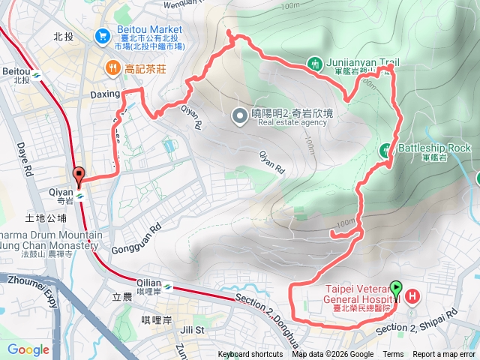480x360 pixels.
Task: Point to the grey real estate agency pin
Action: [x=239, y=115]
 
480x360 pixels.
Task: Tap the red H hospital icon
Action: [x=412, y=298]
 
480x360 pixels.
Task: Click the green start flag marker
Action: [x=395, y=288]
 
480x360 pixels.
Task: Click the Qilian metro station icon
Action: [x=168, y=286]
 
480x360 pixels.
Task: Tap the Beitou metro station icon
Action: [x=35, y=75]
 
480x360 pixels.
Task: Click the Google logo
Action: [x=28, y=349]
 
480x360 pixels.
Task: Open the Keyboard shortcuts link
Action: [x=250, y=355]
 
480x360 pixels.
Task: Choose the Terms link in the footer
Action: [x=393, y=355]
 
